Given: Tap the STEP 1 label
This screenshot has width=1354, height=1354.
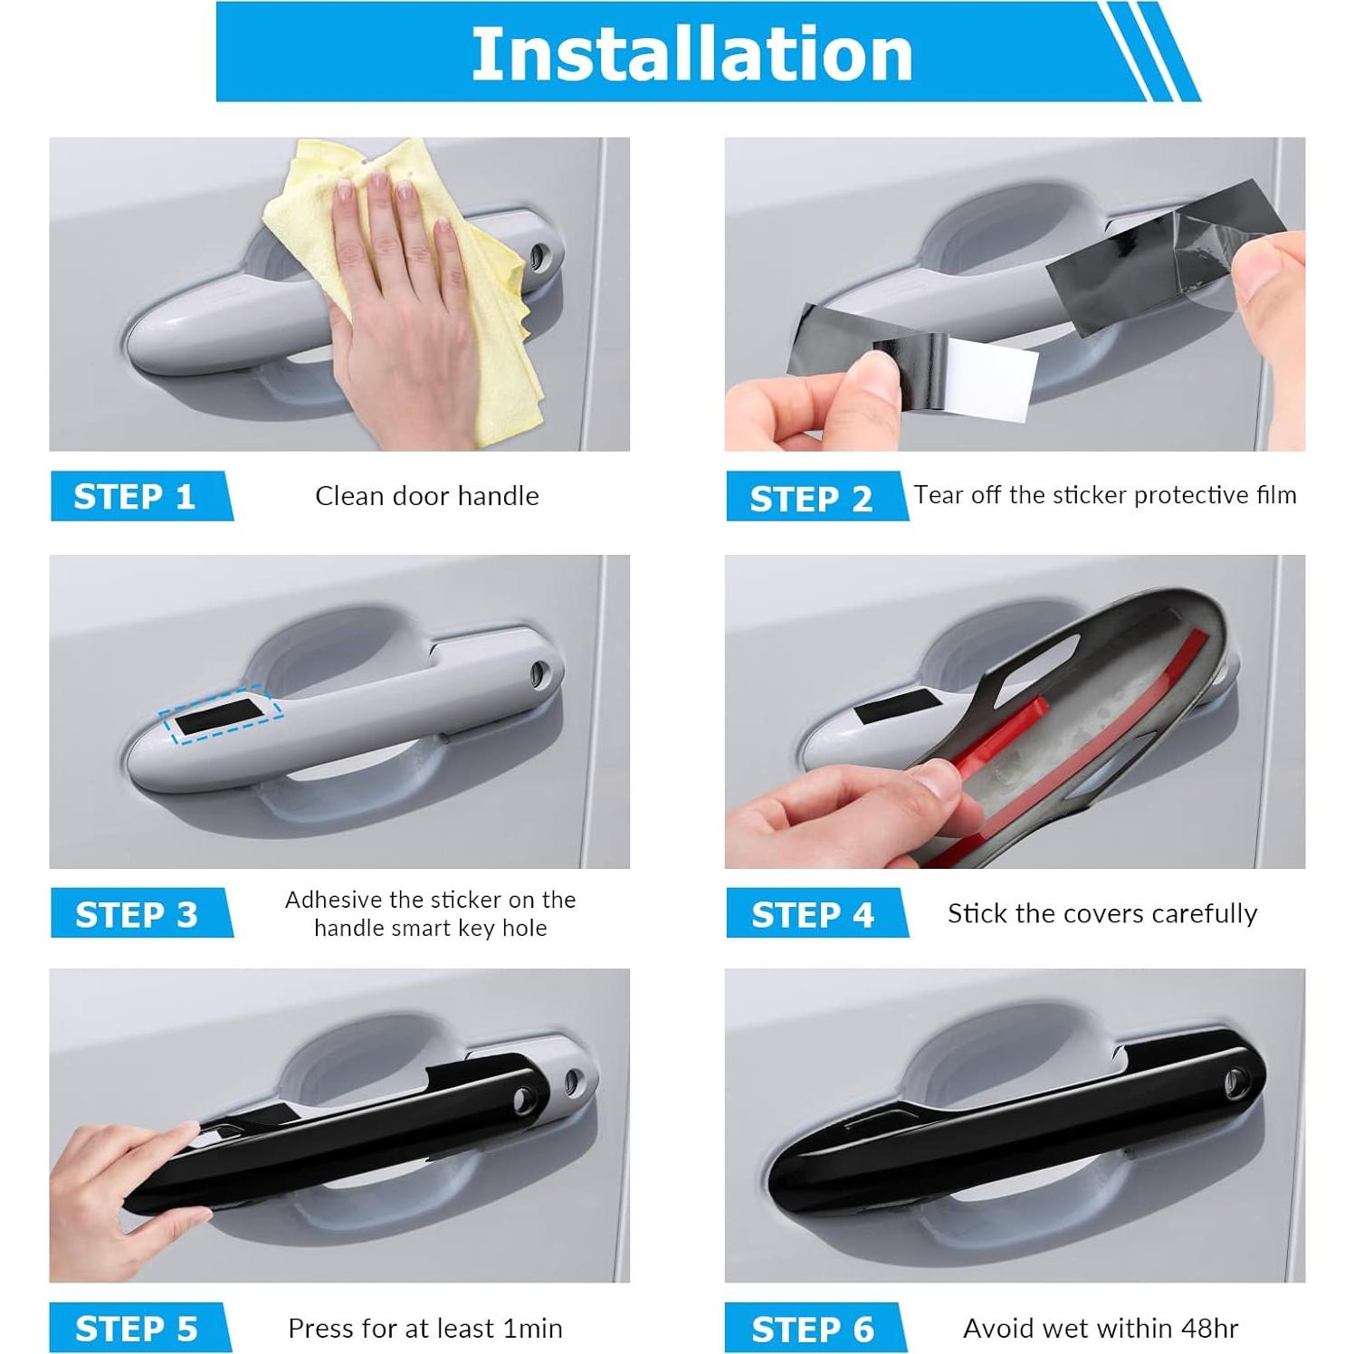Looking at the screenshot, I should coord(135,496).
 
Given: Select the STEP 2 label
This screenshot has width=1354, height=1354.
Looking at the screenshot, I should coord(811,499).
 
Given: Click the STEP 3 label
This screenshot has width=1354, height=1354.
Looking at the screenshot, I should coord(136,914).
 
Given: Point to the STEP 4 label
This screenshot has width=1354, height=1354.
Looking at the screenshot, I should coord(812,914).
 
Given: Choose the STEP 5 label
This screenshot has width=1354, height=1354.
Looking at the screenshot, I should coord(136,1328).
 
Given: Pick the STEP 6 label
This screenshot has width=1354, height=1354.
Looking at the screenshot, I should coord(812,1329).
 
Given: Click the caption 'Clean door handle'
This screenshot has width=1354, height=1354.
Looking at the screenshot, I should coord(426,496).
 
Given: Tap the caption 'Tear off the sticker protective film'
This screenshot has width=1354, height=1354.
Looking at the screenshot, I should coord(1104,495).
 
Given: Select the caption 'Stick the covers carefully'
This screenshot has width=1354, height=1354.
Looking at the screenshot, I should coord(1101,913).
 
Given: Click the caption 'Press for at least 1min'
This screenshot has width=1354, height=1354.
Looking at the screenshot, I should coord(424,1328).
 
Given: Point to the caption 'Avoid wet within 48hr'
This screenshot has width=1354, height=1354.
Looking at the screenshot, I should coord(1101,1328).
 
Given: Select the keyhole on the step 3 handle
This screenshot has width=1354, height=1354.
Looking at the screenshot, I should coord(539,672).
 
